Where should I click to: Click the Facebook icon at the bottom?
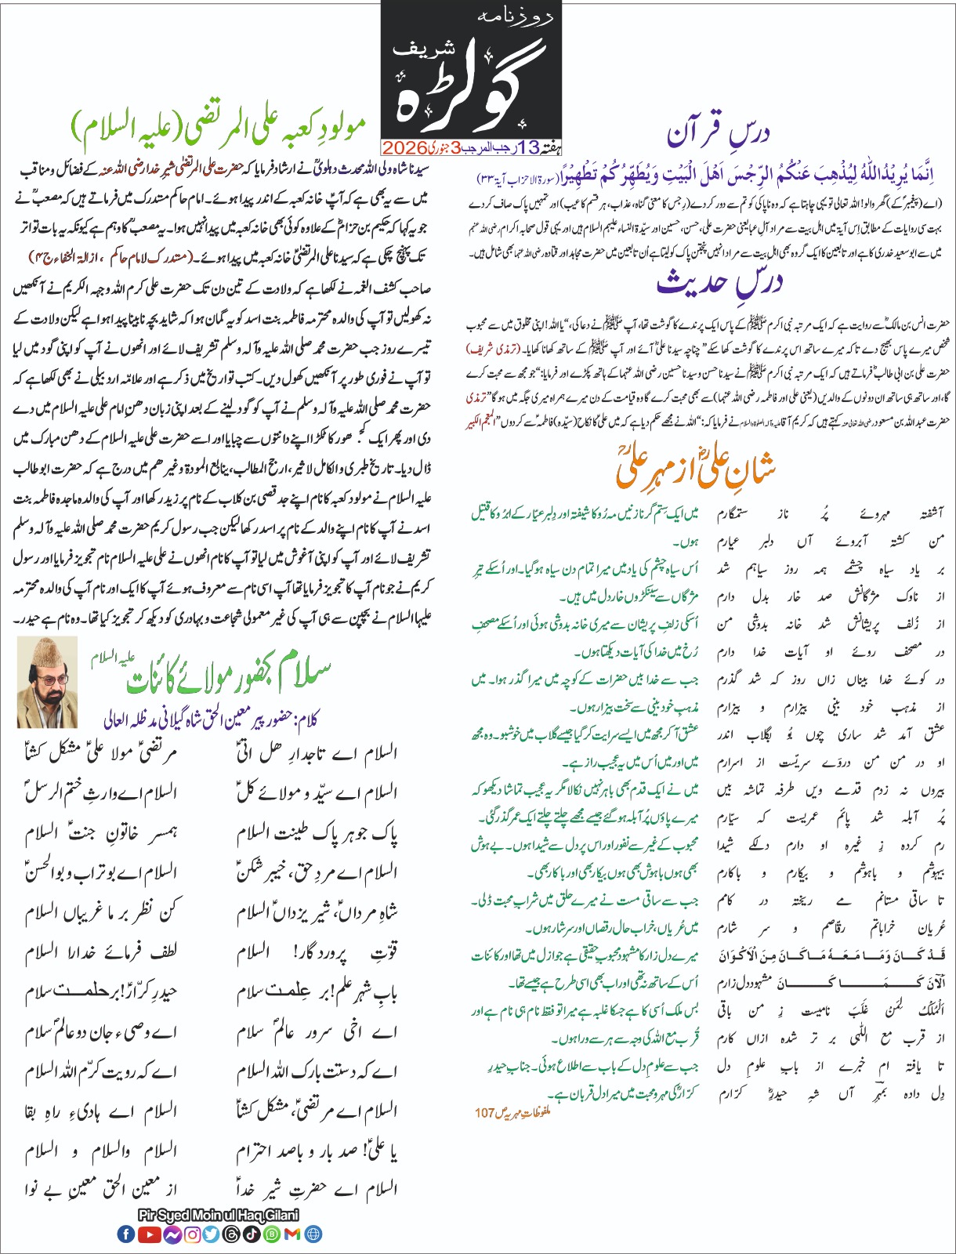[125, 1234]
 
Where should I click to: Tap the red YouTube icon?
[150, 1234]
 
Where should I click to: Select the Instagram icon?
[192, 1234]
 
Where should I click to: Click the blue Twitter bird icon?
[212, 1234]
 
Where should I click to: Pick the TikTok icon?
[252, 1234]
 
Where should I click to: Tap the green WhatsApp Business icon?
[272, 1234]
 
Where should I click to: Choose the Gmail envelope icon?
[292, 1234]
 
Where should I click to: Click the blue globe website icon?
[313, 1234]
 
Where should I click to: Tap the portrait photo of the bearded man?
[47, 681]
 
